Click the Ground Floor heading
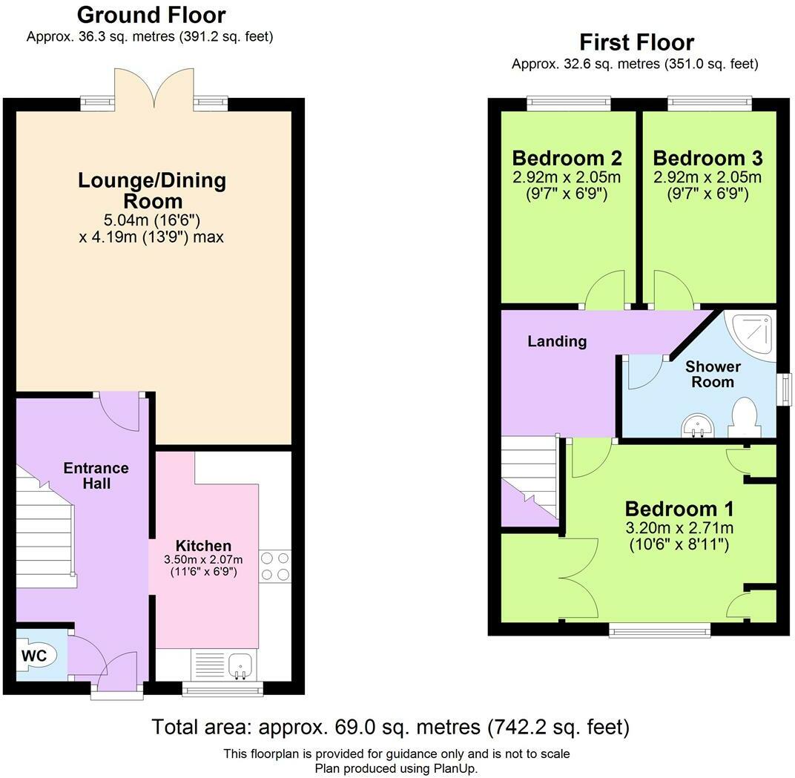151,16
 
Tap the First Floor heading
637,42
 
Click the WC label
34,656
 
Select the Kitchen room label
203,546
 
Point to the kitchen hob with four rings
275,566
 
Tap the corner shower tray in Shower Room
750,335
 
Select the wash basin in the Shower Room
698,426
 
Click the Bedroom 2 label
567,158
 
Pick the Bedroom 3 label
707,158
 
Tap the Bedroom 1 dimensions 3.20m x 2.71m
679,528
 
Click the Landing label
557,341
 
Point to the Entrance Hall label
96,475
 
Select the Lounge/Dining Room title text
152,191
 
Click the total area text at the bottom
390,727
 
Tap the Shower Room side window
785,389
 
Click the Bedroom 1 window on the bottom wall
659,630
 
